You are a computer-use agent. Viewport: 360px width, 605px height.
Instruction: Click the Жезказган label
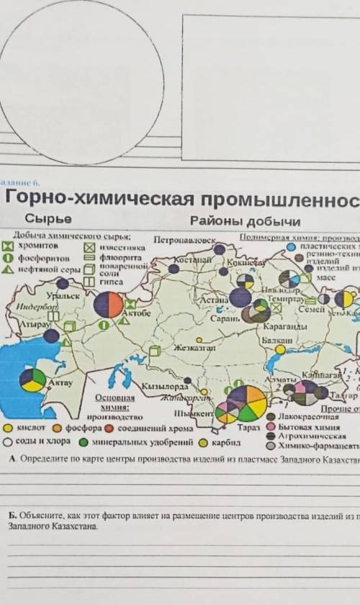coord(194,347)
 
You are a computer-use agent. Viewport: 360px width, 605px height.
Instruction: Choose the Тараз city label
coord(247,427)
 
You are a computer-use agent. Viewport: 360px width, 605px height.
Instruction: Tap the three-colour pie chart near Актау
coord(32,380)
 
